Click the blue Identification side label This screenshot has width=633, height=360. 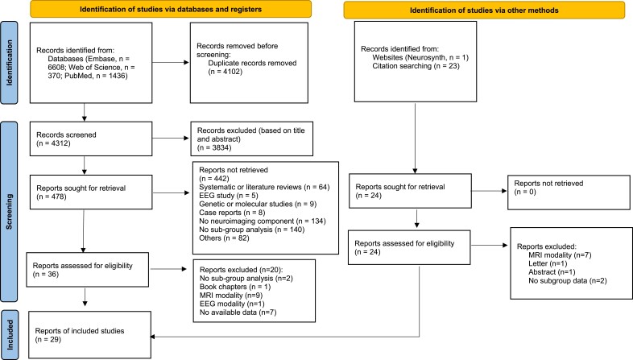(x=9, y=63)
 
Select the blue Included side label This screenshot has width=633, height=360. (x=10, y=334)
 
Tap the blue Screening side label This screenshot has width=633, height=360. (x=9, y=212)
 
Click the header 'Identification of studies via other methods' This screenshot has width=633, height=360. (x=484, y=10)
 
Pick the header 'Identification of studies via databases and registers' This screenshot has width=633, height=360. (x=171, y=9)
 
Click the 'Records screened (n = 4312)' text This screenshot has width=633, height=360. (x=66, y=139)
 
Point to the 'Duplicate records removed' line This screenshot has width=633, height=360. (x=252, y=63)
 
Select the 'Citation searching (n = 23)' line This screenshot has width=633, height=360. (x=416, y=66)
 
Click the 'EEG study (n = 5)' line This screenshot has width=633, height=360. (x=229, y=196)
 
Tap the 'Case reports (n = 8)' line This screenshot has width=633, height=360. (x=232, y=213)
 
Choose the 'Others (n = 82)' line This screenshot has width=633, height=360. (x=224, y=238)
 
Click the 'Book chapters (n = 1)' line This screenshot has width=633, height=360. (x=235, y=287)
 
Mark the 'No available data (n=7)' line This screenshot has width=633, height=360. (x=238, y=312)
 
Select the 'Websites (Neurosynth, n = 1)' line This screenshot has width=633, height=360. (x=420, y=57)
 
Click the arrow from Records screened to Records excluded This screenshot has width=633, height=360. (x=171, y=138)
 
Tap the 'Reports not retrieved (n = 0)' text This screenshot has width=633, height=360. (x=548, y=188)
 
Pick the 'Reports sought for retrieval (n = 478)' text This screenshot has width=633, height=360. (x=81, y=192)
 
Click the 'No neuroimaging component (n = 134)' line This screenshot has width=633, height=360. (x=263, y=221)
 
